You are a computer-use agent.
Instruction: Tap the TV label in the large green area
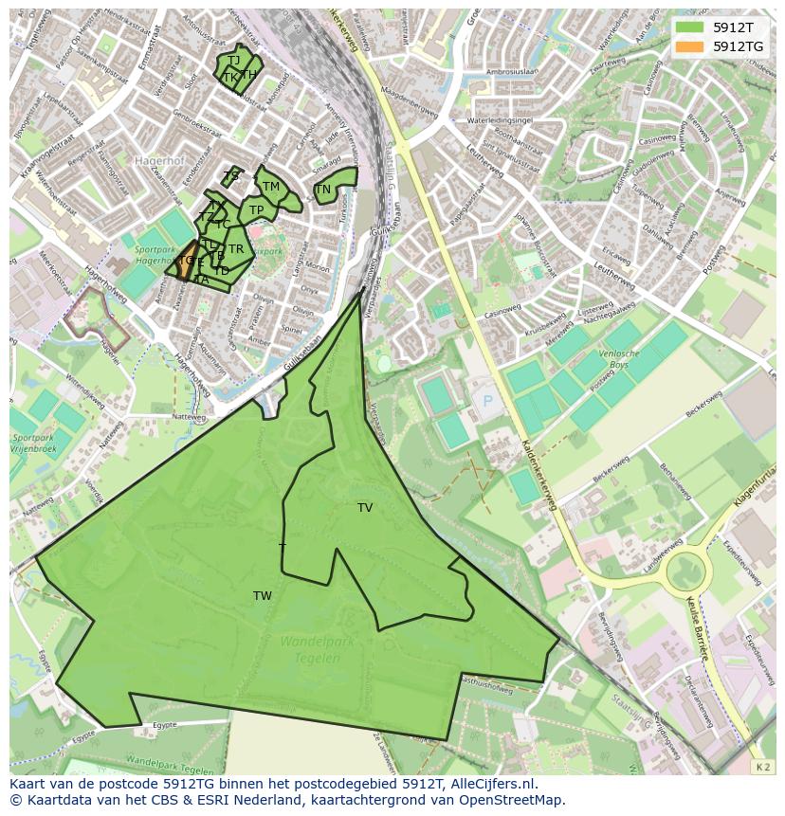pos(365,508)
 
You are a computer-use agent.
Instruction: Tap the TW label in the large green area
pos(263,596)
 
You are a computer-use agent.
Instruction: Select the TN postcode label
pos(323,190)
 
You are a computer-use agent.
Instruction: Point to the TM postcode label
pos(271,187)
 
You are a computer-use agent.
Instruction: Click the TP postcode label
pos(256,210)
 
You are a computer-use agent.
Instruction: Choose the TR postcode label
pos(236,249)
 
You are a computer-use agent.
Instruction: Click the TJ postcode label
pos(234,61)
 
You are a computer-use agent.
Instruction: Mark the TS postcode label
pos(232,175)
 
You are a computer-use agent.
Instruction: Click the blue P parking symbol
pos(489,401)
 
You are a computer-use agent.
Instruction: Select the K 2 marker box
pos(761,765)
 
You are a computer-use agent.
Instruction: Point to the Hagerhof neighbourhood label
pos(157,162)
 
